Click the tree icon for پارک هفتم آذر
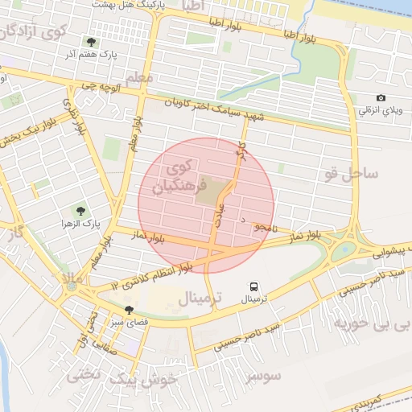pos(90,42)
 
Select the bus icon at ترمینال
pos(254,286)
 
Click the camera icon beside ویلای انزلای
pos(381,98)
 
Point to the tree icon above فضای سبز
pos(129,310)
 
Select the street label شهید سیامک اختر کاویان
pos(214,110)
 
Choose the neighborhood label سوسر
pos(265,375)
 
